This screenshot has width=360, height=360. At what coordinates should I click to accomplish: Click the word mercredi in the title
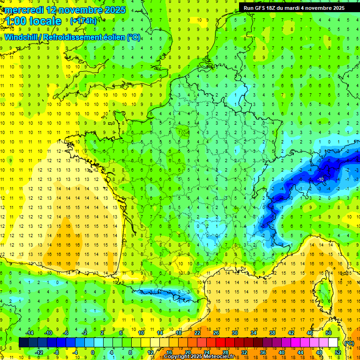pos(22,10)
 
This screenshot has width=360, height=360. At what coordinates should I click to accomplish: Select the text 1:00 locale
pos(33,21)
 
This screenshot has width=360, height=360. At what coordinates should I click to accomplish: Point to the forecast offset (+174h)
pos(83,21)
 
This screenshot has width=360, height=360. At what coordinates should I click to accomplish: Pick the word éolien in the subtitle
pos(113,37)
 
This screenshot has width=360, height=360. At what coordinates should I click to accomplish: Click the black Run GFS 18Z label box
pos(294,8)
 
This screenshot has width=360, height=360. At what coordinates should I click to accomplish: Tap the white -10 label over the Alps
pos(320,180)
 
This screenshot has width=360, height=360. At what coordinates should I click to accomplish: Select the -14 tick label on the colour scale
pos(30,333)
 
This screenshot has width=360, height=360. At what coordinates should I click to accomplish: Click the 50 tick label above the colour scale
pos(328,333)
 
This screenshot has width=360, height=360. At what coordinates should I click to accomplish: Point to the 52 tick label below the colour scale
pos(338,352)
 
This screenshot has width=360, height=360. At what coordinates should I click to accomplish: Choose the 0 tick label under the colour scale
pos(93,352)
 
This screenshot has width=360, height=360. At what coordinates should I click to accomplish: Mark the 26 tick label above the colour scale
pos(216,333)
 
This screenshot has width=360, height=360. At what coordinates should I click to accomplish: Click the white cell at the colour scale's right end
pos(333,343)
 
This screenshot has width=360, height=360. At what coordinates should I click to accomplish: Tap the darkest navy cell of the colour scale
pos(23,343)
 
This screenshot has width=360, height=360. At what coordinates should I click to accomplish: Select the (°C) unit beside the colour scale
pos(349,343)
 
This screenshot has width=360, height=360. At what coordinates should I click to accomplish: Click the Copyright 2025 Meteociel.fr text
pos(199,357)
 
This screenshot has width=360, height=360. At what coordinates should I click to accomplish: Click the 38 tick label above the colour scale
pos(272,333)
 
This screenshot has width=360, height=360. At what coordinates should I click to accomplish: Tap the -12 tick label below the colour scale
pos(39,352)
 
